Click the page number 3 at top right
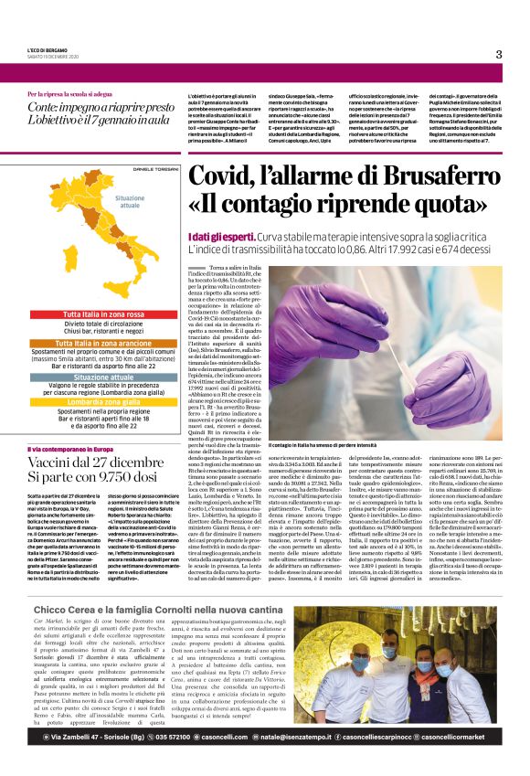[499, 54]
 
